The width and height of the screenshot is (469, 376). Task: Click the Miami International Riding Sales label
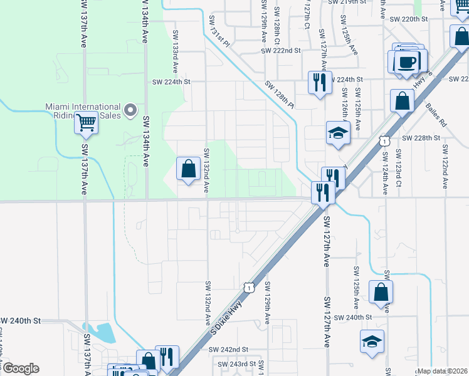pos(83,111)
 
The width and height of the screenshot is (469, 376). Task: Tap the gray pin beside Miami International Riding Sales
pos(130,111)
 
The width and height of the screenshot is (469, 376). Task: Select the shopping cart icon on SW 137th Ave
pos(86,123)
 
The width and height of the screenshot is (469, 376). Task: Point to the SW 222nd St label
pos(282,50)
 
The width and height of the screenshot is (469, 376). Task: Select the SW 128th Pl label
pos(279,94)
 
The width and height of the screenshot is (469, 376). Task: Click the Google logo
pos(20,368)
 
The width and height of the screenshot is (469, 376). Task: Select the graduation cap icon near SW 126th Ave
pos(338,132)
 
